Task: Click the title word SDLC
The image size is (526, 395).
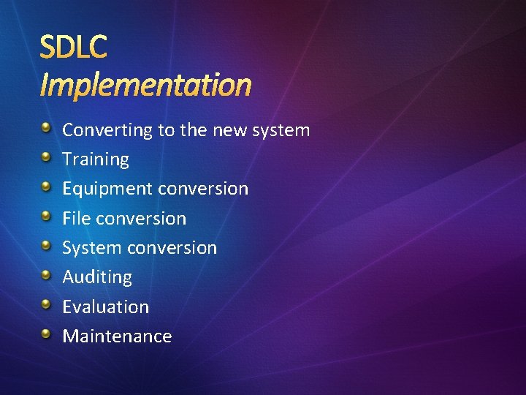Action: (73, 48)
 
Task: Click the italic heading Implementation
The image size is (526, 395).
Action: (145, 85)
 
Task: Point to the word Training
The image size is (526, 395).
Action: (95, 159)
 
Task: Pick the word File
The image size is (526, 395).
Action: (76, 218)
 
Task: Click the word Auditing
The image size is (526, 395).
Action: (97, 277)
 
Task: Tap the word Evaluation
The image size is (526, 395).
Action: (105, 306)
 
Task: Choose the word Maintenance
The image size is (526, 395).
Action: (117, 336)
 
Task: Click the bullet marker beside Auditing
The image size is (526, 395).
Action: (46, 275)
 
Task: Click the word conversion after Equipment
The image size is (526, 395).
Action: (203, 189)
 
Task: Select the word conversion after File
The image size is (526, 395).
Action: (141, 218)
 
